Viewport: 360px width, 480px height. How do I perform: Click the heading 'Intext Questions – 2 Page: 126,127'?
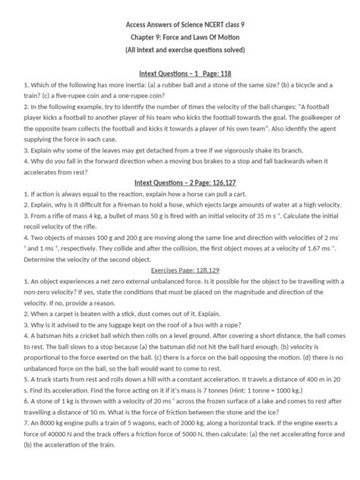click(x=180, y=184)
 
